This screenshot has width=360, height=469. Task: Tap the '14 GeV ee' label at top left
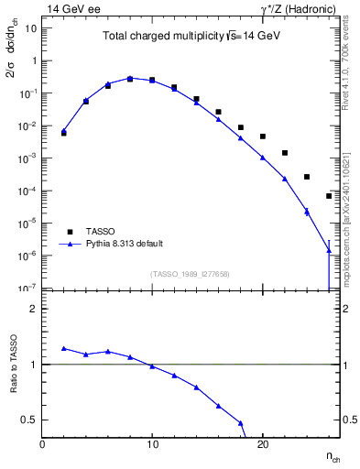71,9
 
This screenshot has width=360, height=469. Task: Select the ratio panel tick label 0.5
27,420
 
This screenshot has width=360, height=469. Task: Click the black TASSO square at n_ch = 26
329,196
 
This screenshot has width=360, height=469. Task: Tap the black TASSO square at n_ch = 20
262,136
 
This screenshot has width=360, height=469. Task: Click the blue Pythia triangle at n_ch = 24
307,212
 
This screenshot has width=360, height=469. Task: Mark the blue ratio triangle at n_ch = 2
63,348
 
